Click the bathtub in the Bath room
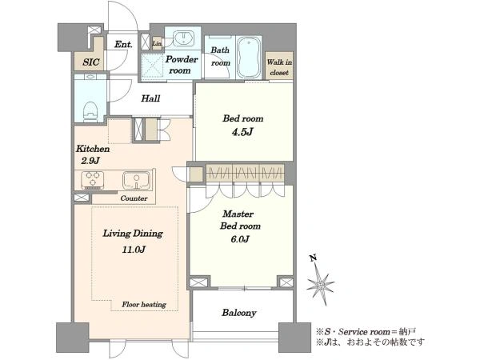pyautogui.click(x=249, y=58)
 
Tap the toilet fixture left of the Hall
pyautogui.click(x=90, y=111)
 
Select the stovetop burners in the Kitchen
pyautogui.click(x=93, y=180)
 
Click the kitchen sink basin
pyautogui.click(x=137, y=180)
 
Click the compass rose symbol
pyautogui.click(x=321, y=286)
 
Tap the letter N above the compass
pyautogui.click(x=313, y=258)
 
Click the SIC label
pyautogui.click(x=91, y=62)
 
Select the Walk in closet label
pyautogui.click(x=279, y=67)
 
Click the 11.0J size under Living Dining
pyautogui.click(x=134, y=250)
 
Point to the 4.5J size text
pyautogui.click(x=242, y=132)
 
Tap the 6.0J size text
pyautogui.click(x=240, y=239)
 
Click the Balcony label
pyautogui.click(x=239, y=313)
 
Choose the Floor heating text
pyautogui.click(x=144, y=305)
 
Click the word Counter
pyautogui.click(x=134, y=198)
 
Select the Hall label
pyautogui.click(x=150, y=98)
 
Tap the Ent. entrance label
pyautogui.click(x=123, y=45)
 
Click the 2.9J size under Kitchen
pyautogui.click(x=90, y=161)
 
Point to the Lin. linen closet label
pyautogui.click(x=157, y=43)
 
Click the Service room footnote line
pyautogui.click(x=366, y=332)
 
